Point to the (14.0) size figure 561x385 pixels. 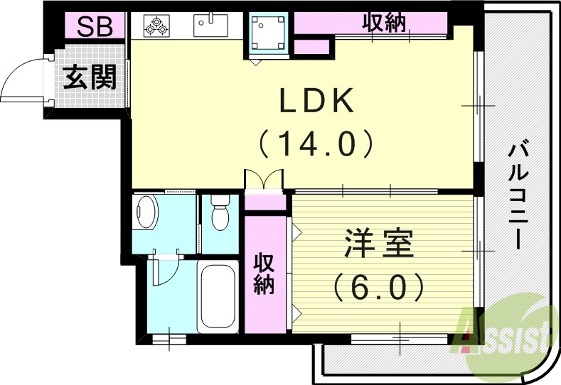[x=316, y=144]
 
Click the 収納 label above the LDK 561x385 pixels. [x=384, y=23]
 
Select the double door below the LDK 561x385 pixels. [x=264, y=180]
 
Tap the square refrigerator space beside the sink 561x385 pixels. [x=269, y=33]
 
